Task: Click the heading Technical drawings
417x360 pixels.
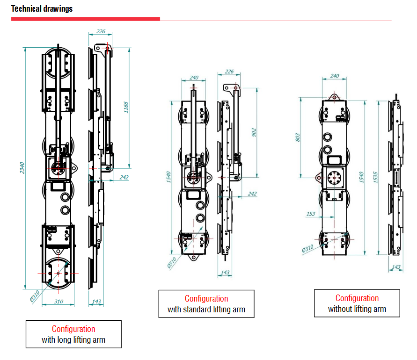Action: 42,9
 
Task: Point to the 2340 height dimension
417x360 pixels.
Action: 22,168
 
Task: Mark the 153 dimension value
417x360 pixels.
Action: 310,214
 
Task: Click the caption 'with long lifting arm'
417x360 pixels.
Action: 73,340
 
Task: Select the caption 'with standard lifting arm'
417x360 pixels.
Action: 206,310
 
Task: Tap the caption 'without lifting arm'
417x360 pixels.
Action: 357,309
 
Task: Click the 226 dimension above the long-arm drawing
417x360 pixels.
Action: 101,32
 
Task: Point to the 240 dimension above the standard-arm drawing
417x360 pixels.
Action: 194,78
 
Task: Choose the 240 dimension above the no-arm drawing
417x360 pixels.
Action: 335,76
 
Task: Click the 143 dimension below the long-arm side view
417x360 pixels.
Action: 96,302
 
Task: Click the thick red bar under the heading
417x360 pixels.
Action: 86,19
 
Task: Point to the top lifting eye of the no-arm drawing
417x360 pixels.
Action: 335,95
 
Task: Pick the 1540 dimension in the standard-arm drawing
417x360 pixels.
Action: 169,177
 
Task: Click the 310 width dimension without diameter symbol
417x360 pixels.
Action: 58,302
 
